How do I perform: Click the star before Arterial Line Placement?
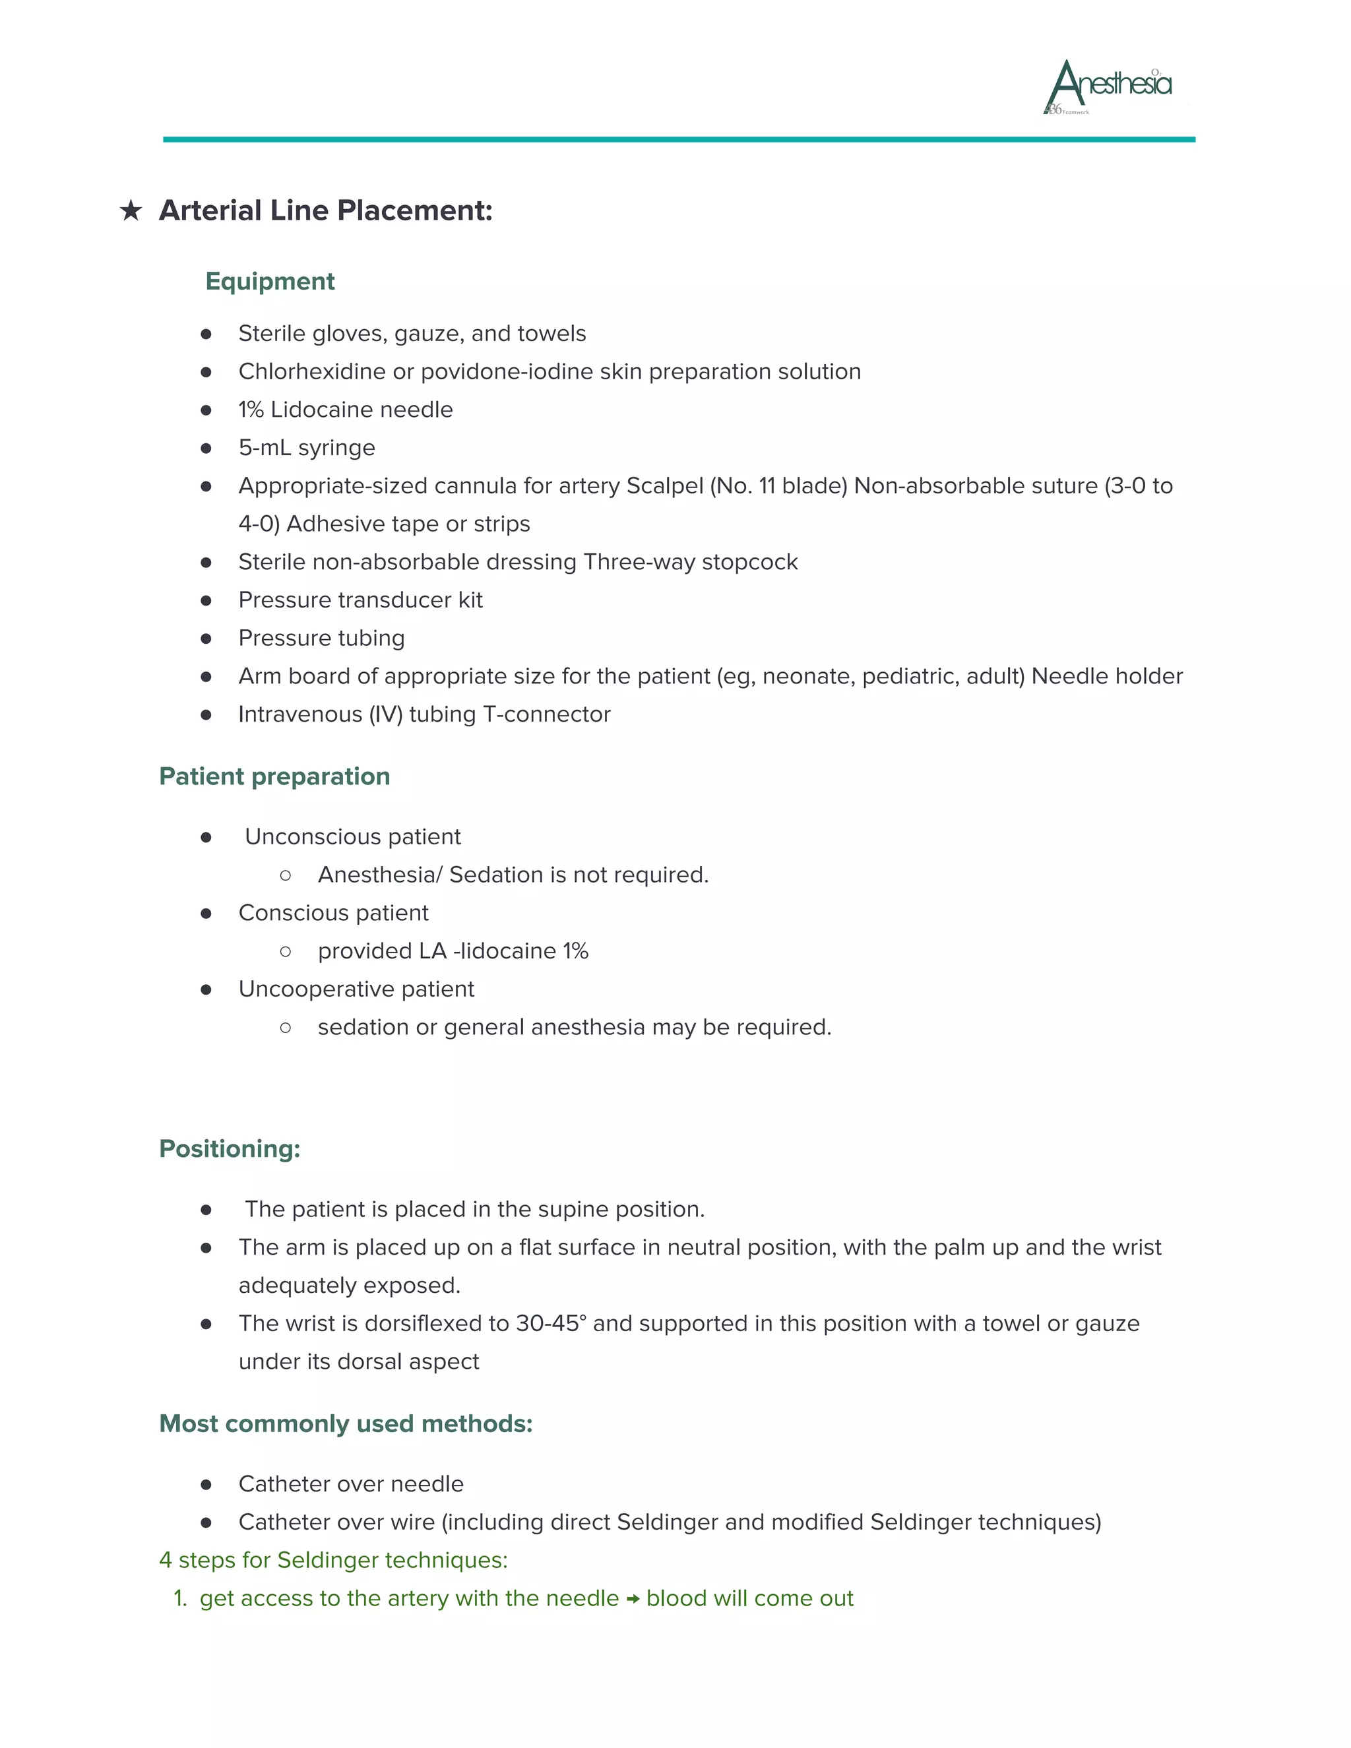point(131,211)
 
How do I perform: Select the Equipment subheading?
point(270,282)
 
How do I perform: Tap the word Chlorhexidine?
point(312,371)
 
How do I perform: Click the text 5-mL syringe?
point(307,447)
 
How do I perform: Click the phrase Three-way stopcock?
point(690,562)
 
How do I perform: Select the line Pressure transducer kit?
point(360,600)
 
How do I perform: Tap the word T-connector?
point(547,714)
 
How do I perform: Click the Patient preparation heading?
point(274,776)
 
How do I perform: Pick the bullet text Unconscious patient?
point(352,836)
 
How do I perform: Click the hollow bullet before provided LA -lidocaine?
point(286,952)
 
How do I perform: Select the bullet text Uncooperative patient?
point(356,989)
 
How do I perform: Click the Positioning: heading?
point(230,1148)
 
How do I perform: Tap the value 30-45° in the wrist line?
point(551,1324)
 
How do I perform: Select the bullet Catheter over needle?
point(350,1484)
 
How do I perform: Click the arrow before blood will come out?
point(632,1599)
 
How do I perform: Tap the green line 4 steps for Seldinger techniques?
point(333,1560)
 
